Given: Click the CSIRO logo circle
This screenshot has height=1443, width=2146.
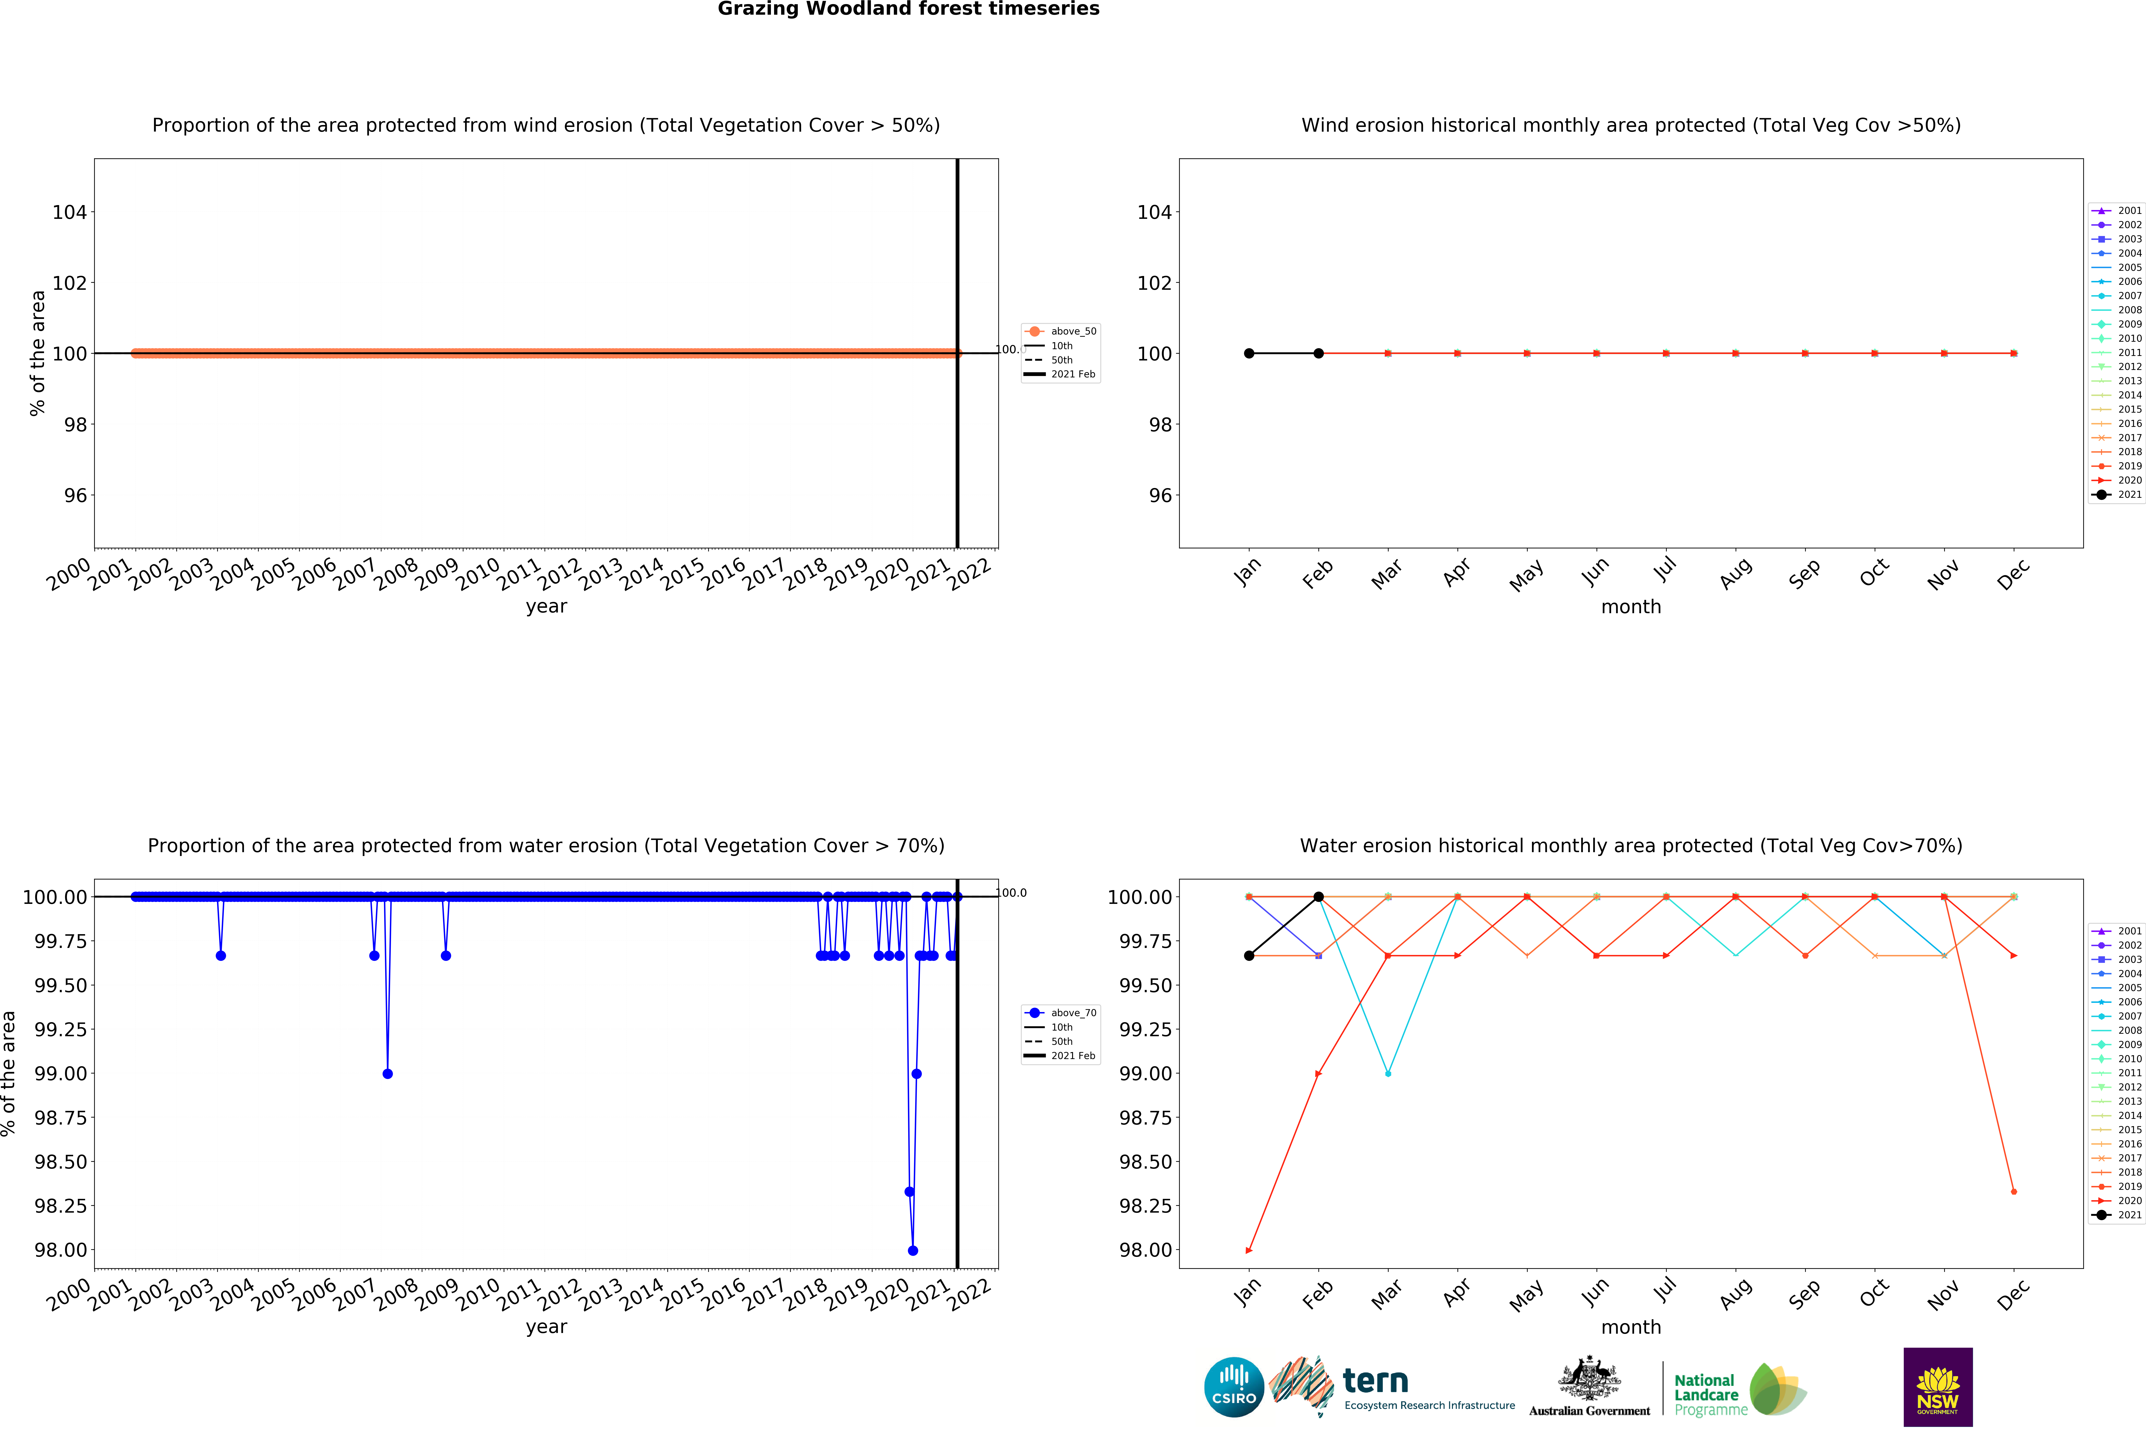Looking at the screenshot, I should point(1234,1387).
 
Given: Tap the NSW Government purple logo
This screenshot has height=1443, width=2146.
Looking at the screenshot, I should point(1937,1387).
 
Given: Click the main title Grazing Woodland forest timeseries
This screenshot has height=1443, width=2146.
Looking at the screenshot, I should point(908,9).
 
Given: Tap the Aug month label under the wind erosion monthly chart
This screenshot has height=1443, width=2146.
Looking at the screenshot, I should point(1735,574).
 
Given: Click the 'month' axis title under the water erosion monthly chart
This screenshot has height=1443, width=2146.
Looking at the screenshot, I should point(1631,1327).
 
